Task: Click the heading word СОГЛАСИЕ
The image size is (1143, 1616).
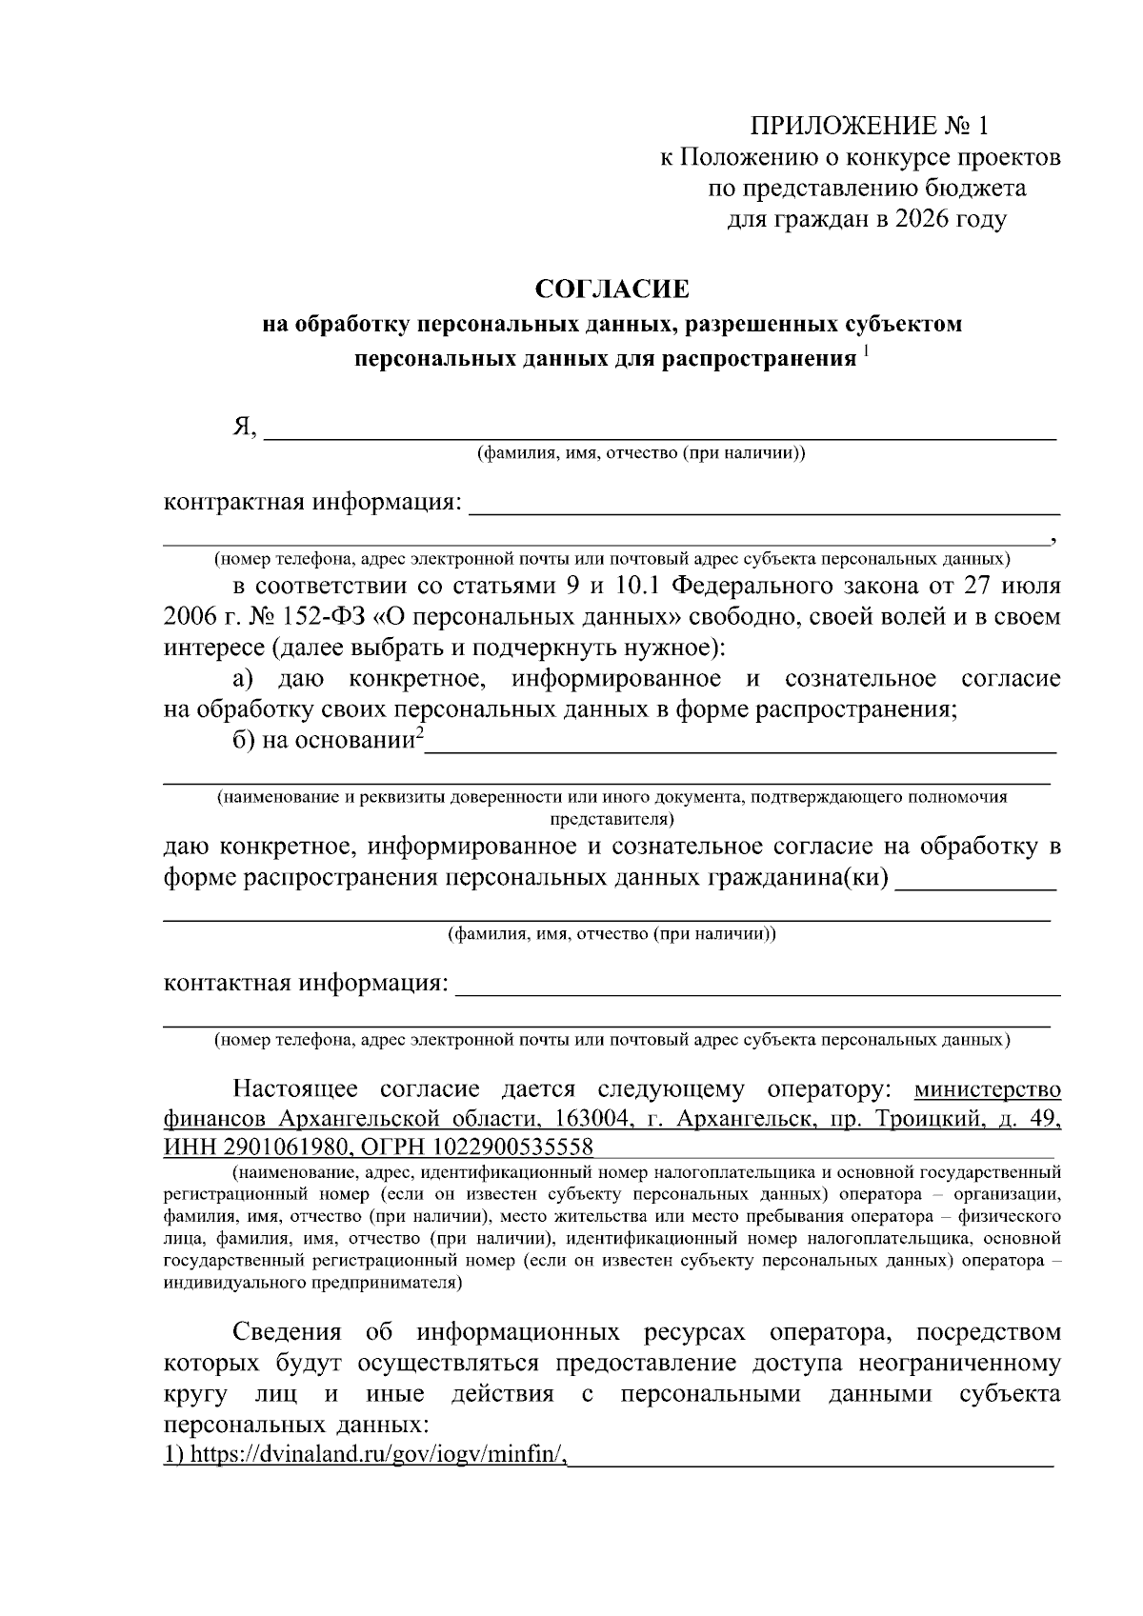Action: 611,288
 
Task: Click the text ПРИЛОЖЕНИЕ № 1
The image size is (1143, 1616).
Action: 871,126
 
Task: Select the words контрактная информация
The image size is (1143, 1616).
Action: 312,502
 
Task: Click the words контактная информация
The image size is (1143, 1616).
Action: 306,982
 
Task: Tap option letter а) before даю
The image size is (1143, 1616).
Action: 243,679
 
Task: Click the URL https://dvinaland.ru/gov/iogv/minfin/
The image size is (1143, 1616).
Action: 366,1455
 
